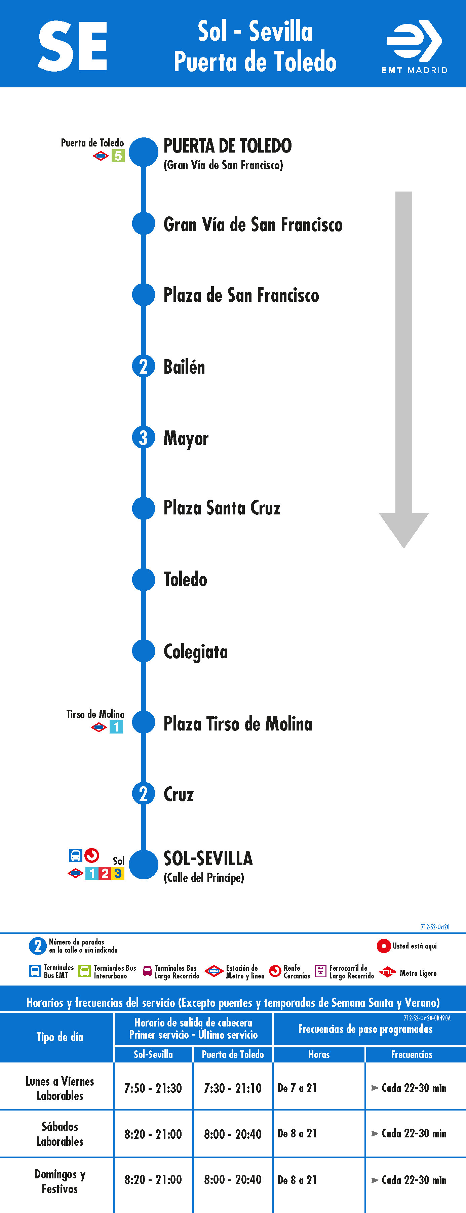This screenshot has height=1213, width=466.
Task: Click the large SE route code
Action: [x=73, y=46]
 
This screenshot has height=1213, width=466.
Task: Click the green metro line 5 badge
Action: [x=118, y=156]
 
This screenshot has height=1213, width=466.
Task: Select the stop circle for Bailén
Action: [x=143, y=366]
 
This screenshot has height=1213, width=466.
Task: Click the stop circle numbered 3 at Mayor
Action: [x=143, y=437]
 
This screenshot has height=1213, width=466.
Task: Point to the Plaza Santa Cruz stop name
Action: [x=222, y=508]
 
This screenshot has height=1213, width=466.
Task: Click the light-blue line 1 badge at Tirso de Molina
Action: [x=116, y=727]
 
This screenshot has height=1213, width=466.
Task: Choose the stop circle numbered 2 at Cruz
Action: [x=143, y=794]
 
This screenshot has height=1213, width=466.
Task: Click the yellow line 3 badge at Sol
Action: [x=118, y=874]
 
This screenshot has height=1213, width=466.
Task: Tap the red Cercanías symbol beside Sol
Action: [x=92, y=855]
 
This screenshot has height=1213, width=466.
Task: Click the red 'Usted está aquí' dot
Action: [x=384, y=946]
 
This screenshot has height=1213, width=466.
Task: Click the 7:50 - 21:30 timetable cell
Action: [x=153, y=1088]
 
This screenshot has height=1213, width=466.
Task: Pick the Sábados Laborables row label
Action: [x=60, y=1134]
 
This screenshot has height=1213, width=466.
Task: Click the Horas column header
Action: [x=319, y=1054]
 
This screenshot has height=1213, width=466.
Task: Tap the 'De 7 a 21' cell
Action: [x=297, y=1088]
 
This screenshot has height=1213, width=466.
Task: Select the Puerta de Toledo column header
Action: [x=233, y=1054]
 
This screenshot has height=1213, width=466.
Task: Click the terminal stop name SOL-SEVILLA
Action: [x=208, y=859]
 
